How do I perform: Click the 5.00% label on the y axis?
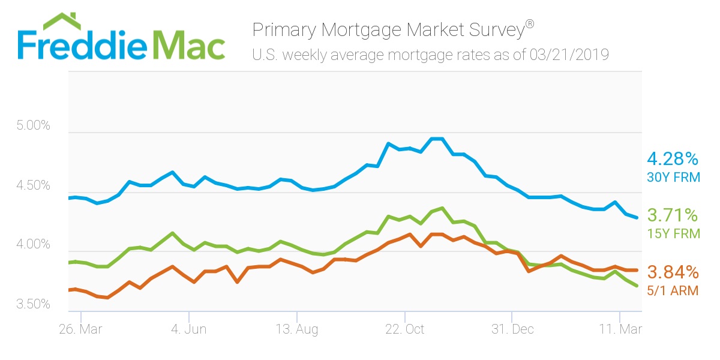point(32,127)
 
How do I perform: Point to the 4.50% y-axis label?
point(32,186)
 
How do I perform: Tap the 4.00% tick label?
point(32,245)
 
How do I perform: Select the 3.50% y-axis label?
point(32,304)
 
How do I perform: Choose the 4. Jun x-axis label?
point(188,329)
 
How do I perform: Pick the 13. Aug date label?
point(296,329)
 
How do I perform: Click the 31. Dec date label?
point(512,329)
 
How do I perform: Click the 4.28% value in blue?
point(673,160)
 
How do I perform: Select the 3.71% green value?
point(673,215)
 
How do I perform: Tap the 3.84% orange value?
point(673,272)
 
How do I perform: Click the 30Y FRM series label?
point(673,178)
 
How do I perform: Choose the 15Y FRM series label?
point(673,233)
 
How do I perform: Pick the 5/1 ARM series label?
point(673,290)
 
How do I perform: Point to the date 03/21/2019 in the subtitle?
point(569,56)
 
